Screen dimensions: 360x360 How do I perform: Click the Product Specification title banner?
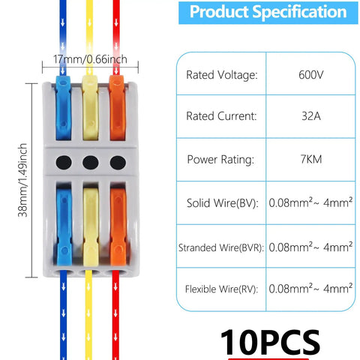click(x=268, y=12)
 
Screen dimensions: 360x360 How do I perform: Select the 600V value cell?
click(x=311, y=75)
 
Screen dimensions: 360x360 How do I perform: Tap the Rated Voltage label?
click(x=222, y=75)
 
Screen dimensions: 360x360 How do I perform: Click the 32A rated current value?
click(x=311, y=116)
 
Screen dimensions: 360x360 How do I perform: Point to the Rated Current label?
click(x=221, y=116)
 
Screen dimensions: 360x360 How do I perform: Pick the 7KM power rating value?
click(x=311, y=159)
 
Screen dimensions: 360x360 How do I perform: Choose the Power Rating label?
click(x=220, y=160)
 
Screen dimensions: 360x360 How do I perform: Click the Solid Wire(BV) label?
click(x=223, y=203)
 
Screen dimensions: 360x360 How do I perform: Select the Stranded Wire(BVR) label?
click(x=221, y=247)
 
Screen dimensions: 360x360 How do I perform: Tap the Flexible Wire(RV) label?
click(x=221, y=289)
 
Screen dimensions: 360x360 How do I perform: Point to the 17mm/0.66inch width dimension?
click(x=90, y=59)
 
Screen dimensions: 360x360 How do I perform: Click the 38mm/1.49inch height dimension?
click(x=22, y=180)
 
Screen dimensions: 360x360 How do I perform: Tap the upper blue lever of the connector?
click(x=64, y=108)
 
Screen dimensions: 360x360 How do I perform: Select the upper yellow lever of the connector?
click(x=90, y=108)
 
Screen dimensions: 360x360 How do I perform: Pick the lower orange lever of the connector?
click(x=118, y=226)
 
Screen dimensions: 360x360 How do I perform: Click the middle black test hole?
click(x=91, y=163)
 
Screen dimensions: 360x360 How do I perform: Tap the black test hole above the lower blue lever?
click(x=64, y=163)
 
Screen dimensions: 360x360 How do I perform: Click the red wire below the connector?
click(x=115, y=316)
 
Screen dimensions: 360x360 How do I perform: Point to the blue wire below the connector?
click(x=64, y=316)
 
